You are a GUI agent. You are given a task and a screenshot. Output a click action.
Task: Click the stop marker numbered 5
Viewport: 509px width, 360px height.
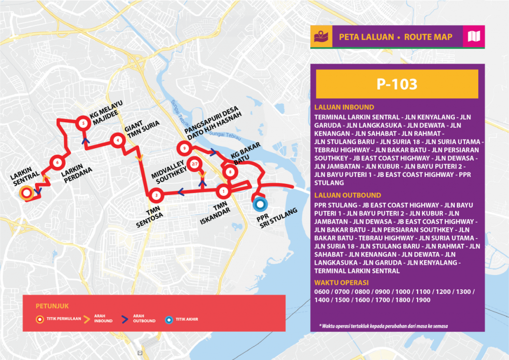83,124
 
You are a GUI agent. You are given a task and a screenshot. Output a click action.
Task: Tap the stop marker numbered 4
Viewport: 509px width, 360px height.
117,140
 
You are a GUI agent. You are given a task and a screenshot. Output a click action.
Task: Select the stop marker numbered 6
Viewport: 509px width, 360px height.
58,162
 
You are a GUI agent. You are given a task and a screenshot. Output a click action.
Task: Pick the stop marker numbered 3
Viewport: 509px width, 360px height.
157,195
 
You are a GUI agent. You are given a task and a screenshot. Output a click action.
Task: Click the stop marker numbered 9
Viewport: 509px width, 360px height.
184,148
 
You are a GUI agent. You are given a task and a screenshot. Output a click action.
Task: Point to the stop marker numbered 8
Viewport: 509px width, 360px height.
230,172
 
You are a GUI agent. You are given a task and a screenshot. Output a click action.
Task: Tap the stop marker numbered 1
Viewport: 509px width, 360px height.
224,190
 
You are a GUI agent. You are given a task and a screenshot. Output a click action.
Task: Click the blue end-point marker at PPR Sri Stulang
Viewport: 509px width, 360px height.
259,203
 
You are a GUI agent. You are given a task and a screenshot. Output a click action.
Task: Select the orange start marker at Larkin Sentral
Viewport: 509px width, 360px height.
25,192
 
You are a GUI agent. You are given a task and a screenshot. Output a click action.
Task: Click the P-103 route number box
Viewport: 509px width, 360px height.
397,84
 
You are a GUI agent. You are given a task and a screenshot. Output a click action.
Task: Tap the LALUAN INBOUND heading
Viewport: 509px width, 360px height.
344,107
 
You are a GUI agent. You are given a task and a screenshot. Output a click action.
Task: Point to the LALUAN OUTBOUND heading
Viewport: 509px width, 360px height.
347,195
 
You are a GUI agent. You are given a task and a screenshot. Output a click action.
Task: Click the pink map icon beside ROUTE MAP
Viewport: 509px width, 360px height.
473,37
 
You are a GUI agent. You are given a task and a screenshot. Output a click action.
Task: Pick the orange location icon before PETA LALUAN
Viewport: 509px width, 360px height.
318,37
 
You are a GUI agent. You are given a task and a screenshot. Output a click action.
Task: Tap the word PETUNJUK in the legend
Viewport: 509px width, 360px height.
49,305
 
